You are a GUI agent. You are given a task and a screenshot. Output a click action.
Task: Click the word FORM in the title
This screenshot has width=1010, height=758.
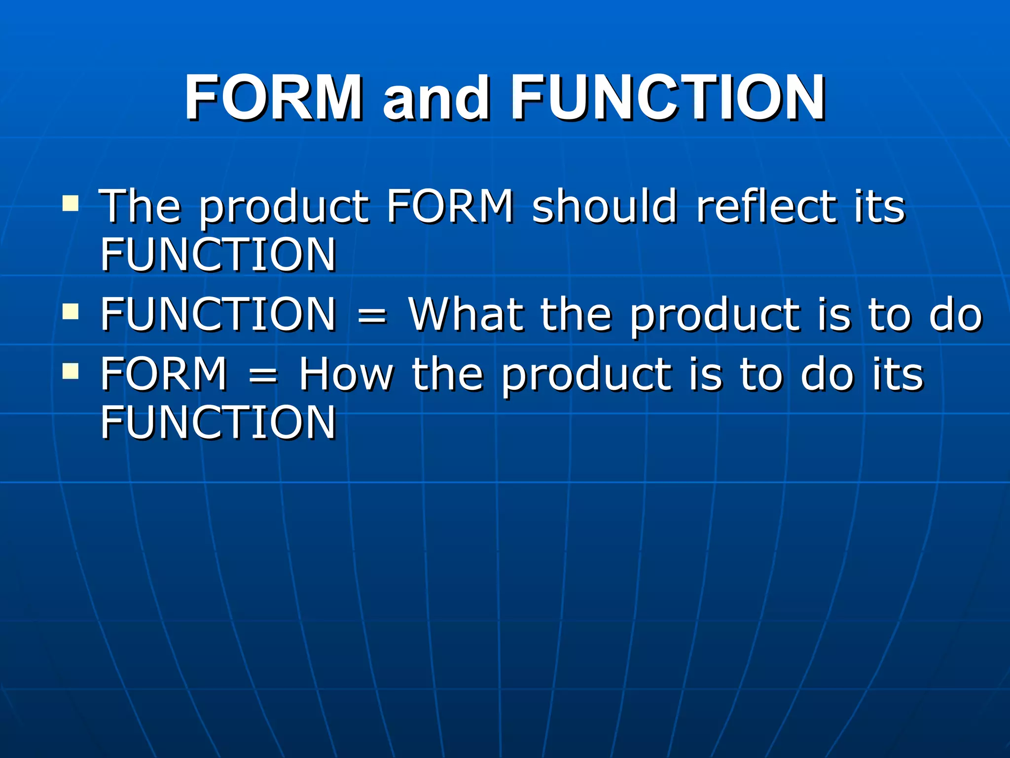pos(273,97)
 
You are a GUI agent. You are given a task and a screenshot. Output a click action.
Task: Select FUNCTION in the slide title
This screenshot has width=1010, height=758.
pos(668,97)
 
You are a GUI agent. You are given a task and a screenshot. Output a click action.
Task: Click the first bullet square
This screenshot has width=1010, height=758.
pos(71,204)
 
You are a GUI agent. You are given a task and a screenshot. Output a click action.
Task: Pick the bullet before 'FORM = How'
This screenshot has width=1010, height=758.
pos(71,371)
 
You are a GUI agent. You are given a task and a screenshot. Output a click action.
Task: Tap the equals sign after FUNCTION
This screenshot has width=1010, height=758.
pos(372,316)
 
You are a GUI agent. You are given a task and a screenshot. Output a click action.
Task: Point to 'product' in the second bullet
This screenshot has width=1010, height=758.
pos(715,316)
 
